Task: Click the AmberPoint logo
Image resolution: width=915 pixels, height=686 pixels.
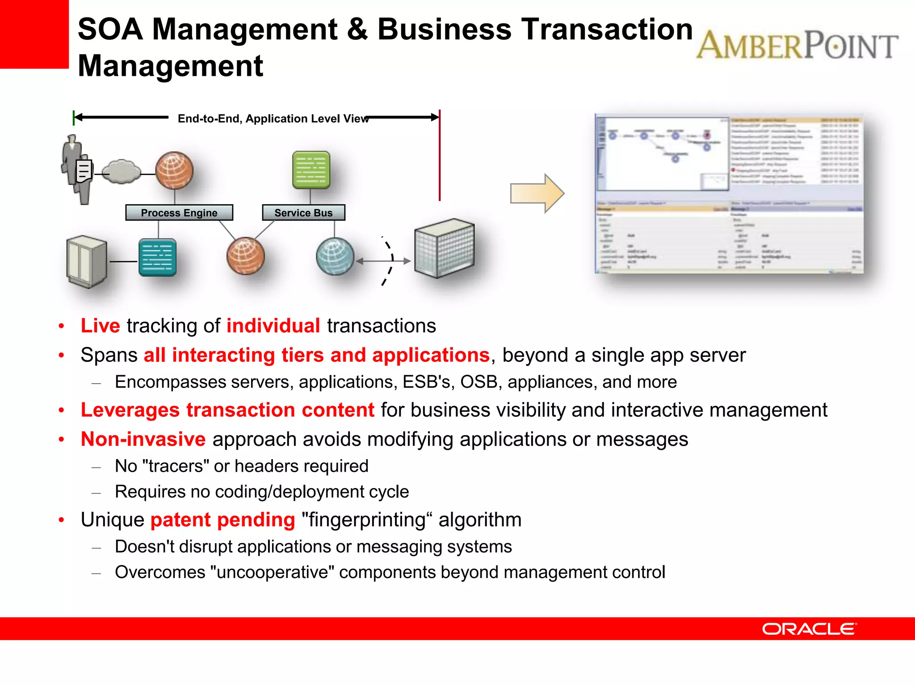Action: click(797, 46)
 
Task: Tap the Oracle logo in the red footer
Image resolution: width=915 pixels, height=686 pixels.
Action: click(809, 629)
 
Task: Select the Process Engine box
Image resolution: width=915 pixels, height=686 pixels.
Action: click(179, 213)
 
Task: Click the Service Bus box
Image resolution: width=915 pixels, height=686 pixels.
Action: click(303, 213)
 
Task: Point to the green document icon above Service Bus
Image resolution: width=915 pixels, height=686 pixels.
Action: click(311, 170)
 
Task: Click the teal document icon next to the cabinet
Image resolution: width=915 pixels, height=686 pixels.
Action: click(157, 258)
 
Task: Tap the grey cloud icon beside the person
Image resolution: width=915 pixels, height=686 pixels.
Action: click(121, 172)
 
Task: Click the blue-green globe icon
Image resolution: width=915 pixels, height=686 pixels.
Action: click(335, 256)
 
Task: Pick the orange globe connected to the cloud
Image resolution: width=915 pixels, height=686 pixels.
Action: click(174, 171)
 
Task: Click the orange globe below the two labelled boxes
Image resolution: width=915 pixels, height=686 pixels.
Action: click(245, 256)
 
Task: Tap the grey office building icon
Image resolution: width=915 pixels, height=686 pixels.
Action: click(444, 248)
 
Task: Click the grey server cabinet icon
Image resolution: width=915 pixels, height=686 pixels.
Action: click(87, 261)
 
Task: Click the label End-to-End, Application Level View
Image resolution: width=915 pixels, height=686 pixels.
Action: click(273, 119)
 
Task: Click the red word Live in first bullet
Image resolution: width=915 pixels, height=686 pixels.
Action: click(100, 326)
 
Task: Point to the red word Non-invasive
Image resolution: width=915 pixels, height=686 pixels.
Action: click(143, 439)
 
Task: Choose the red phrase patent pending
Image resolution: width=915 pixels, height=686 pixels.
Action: click(222, 520)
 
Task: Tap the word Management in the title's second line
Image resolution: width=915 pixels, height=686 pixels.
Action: click(171, 66)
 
